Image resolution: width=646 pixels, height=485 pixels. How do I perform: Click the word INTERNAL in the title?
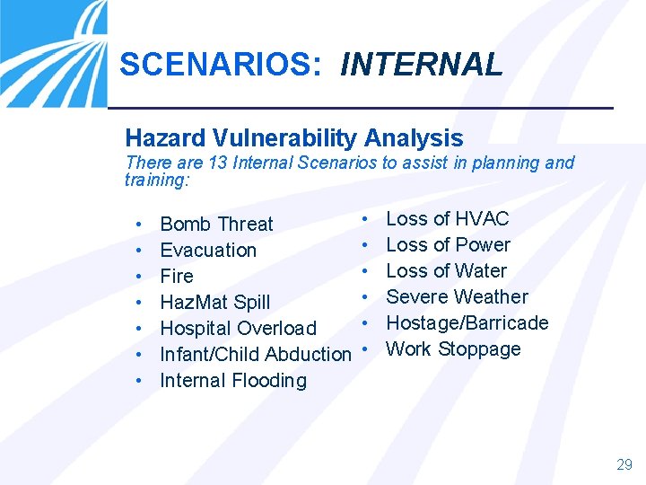(x=422, y=65)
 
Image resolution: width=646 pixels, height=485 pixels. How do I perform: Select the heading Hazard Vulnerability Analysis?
(x=294, y=138)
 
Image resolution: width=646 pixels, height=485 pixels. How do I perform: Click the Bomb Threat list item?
(x=216, y=224)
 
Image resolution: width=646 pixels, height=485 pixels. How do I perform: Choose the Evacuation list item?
(x=208, y=250)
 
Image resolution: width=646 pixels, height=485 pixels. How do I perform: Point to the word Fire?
(x=176, y=276)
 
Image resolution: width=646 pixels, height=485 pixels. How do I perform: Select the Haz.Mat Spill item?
(x=214, y=302)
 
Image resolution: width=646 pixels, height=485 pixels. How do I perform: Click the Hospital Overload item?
(x=238, y=328)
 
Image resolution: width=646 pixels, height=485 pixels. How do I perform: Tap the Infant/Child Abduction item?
(x=255, y=354)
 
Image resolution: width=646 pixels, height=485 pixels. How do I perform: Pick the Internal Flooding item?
(x=232, y=380)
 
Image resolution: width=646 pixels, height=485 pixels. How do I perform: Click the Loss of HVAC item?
(x=447, y=218)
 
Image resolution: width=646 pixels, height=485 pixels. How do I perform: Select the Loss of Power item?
(x=448, y=244)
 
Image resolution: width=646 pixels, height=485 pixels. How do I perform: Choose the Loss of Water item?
(x=446, y=270)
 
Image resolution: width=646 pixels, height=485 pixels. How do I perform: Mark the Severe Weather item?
(x=457, y=296)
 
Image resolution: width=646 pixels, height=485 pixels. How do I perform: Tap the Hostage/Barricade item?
(x=467, y=322)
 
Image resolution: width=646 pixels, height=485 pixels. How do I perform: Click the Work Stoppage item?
(x=453, y=348)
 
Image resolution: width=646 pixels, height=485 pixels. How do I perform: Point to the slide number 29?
(x=624, y=464)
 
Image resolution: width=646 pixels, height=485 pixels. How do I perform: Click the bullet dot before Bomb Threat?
(x=139, y=224)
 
